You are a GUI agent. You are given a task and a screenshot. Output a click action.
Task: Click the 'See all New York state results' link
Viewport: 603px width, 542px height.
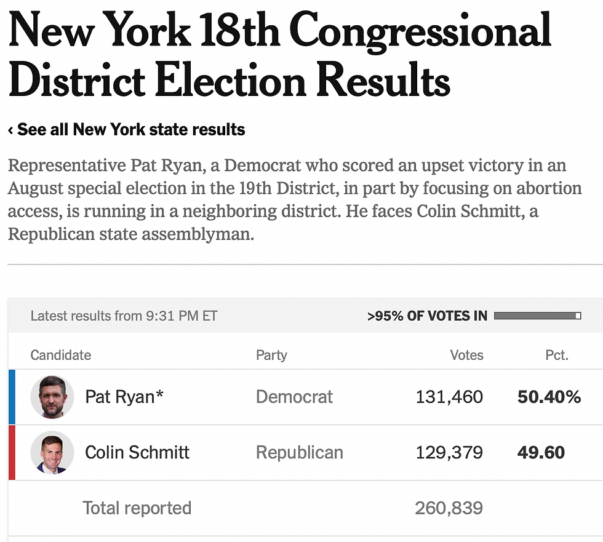[127, 130]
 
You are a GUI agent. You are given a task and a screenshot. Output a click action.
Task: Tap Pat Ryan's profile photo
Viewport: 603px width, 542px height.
[52, 397]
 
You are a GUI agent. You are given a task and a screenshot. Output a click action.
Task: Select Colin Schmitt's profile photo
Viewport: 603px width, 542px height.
[52, 452]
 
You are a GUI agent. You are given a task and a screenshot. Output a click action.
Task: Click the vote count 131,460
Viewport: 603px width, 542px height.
[449, 397]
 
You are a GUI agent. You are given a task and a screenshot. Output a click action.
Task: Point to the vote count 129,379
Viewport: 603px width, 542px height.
[449, 453]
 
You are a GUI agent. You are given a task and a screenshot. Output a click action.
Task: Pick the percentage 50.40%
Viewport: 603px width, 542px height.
[549, 397]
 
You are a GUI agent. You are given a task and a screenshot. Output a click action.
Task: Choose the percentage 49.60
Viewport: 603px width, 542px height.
[541, 453]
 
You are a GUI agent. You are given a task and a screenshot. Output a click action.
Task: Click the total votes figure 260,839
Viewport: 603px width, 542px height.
[449, 508]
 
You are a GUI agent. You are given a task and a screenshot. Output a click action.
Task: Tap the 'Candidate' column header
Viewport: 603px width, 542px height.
[61, 355]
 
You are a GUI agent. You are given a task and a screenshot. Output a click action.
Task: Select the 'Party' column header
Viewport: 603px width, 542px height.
[271, 355]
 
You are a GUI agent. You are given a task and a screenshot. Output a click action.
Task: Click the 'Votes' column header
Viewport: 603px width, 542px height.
[466, 355]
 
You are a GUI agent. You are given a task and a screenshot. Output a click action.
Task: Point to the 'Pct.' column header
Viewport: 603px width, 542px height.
[556, 355]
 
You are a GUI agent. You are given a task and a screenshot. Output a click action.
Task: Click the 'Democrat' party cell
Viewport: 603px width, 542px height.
[294, 397]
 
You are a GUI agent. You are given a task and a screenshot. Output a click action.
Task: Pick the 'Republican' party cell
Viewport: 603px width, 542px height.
[299, 453]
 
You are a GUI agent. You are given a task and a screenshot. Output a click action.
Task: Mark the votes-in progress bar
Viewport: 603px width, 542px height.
[537, 316]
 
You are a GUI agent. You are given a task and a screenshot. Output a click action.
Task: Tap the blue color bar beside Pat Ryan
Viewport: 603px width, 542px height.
[12, 397]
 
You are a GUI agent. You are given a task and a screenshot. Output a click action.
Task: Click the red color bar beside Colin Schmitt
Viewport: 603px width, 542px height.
[12, 452]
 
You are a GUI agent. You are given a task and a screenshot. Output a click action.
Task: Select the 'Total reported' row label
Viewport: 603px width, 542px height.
[137, 508]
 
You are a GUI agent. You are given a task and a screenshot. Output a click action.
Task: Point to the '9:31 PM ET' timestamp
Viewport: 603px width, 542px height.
[182, 316]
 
